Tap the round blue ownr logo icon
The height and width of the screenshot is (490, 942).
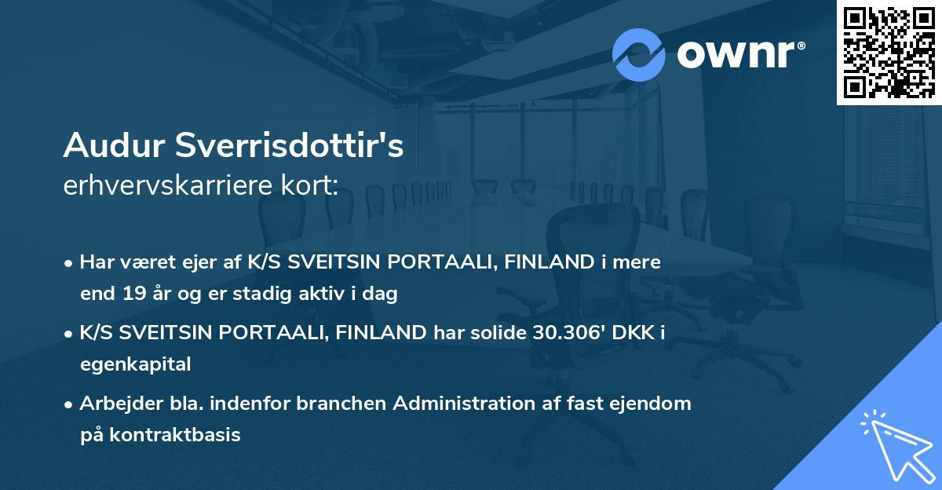[638, 54]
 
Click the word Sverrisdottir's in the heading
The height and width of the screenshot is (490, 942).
[287, 145]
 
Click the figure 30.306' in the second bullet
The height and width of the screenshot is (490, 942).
[565, 333]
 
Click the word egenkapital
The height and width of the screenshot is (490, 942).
[135, 364]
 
